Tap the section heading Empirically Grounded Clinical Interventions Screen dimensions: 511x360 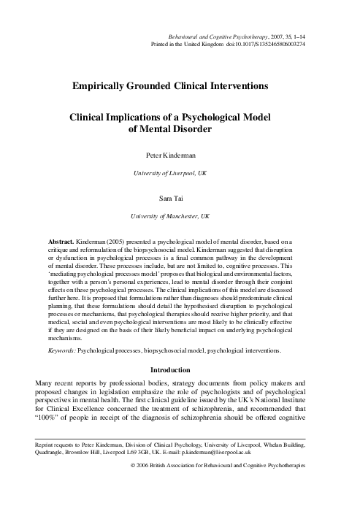click(x=180, y=86)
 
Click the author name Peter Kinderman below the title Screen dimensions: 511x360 click(x=180, y=155)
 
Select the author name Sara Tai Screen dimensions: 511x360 click(x=180, y=198)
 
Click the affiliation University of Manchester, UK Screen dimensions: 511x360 click(x=180, y=216)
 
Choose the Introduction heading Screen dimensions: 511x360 click(x=180, y=369)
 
